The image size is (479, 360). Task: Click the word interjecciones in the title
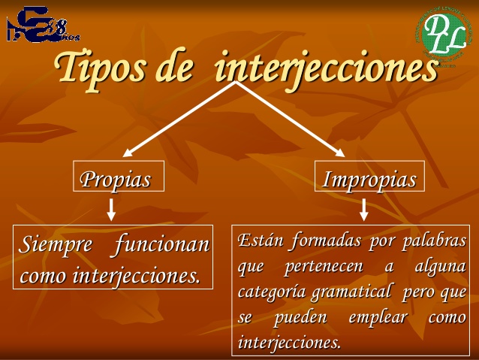point(326,68)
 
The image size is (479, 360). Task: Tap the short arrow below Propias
point(111,208)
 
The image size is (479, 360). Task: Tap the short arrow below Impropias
point(364,208)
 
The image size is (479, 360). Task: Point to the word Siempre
point(56,245)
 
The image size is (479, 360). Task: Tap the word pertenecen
point(324,267)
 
